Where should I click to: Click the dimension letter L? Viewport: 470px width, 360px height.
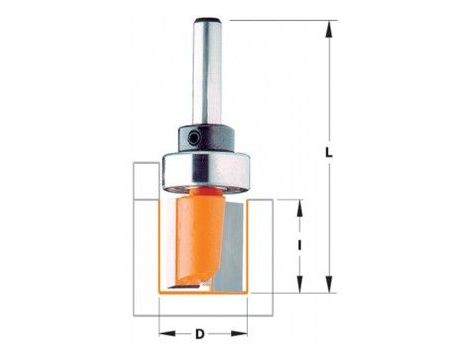pyautogui.click(x=329, y=153)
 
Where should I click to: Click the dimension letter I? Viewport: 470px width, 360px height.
pyautogui.click(x=300, y=246)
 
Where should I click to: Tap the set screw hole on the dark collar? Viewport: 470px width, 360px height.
pyautogui.click(x=192, y=138)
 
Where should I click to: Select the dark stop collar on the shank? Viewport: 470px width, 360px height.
pyautogui.click(x=206, y=139)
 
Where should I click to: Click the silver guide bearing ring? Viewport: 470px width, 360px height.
pyautogui.click(x=206, y=172)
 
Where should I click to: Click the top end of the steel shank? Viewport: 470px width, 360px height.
pyautogui.click(x=207, y=19)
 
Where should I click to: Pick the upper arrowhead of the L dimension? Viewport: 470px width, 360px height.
pyautogui.click(x=329, y=29)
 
